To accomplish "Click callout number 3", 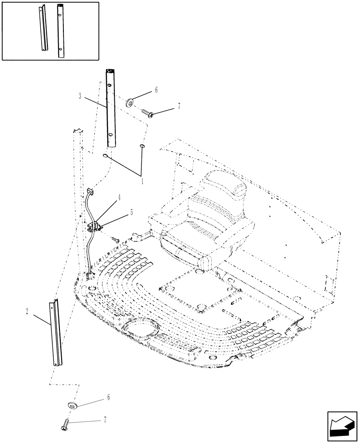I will (80, 96).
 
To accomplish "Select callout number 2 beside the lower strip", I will (27, 312).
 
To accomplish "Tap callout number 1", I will (142, 181).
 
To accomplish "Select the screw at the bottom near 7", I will (65, 426).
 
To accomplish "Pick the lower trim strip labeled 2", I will (56, 332).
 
